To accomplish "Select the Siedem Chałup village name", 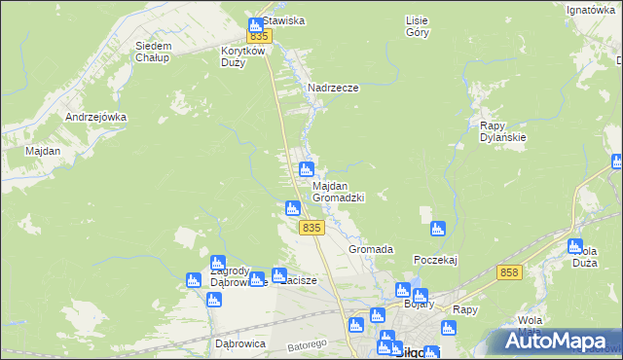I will [154, 52].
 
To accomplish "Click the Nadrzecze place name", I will [333, 88].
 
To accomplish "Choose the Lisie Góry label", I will [417, 25].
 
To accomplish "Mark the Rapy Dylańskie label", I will [503, 131].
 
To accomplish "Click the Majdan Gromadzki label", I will [338, 192].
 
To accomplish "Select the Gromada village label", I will [371, 250].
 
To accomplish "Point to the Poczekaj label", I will [435, 260].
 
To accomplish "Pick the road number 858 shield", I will [507, 273].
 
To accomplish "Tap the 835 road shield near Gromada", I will [311, 227].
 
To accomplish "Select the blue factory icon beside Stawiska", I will [255, 24].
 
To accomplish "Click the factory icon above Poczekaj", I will [438, 230].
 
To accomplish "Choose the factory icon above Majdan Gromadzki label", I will [306, 168].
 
